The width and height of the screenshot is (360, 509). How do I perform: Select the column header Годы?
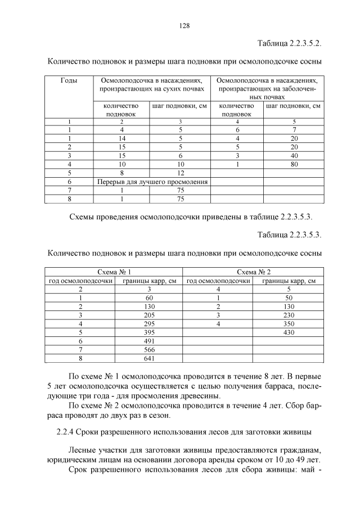pos(69,81)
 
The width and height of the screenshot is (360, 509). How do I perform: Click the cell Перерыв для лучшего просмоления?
pos(151,182)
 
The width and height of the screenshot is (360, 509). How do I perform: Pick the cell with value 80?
pos(293,164)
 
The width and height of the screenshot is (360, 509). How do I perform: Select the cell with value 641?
pos(149,357)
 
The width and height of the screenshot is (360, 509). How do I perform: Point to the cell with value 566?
pos(149,349)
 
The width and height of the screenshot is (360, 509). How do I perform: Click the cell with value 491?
pos(149,340)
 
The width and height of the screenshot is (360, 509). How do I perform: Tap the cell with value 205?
pos(149,315)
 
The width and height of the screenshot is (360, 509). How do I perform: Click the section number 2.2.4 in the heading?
pos(66,431)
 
